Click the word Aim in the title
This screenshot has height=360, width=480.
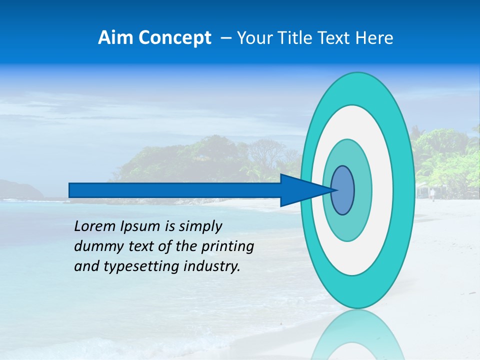pos(115,38)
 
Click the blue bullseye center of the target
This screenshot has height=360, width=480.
pos(343,190)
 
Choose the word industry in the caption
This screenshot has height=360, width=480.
pos(212,267)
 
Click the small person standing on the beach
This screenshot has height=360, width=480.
pos(432,194)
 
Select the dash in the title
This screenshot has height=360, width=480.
pos(225,38)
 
